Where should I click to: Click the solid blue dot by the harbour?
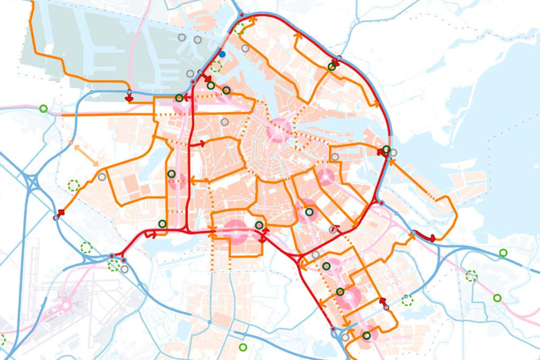(222, 54)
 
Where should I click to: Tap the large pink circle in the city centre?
(279, 131)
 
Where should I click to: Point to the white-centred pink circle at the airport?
(67, 306)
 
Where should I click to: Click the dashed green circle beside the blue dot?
(216, 67)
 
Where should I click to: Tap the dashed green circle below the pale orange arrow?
(73, 185)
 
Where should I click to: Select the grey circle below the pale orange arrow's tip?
(102, 177)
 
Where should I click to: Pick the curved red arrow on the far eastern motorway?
(425, 236)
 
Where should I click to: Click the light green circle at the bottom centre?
(243, 347)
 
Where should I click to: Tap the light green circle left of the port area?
(43, 108)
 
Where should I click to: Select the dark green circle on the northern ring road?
(332, 67)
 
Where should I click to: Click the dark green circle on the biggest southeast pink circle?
(340, 292)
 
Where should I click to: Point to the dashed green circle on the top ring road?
(239, 29)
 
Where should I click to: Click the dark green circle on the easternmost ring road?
(387, 149)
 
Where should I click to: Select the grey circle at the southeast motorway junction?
(345, 337)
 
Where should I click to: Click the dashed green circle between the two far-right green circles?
(471, 275)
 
